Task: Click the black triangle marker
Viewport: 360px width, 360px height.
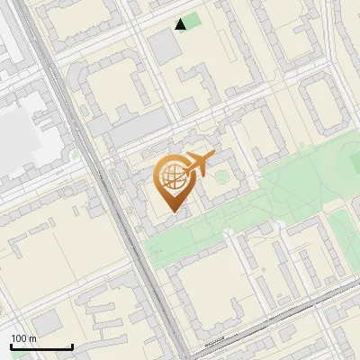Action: (x=182, y=24)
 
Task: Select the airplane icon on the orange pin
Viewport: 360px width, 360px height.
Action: (x=198, y=165)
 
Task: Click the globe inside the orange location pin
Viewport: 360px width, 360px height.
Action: (x=172, y=175)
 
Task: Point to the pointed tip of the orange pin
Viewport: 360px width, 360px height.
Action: (x=172, y=211)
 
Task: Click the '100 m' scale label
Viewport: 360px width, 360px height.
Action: (x=23, y=338)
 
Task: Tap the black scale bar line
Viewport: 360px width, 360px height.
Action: (x=41, y=346)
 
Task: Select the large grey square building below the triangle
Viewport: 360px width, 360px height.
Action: (x=164, y=48)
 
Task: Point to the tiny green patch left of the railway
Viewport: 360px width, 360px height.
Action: (x=76, y=153)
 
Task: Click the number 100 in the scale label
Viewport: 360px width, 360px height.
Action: (x=19, y=338)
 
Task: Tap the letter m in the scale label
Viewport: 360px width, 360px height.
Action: (x=32, y=338)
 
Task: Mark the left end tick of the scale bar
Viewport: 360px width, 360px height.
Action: (x=11, y=346)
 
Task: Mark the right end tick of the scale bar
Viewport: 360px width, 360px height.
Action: (x=72, y=346)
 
